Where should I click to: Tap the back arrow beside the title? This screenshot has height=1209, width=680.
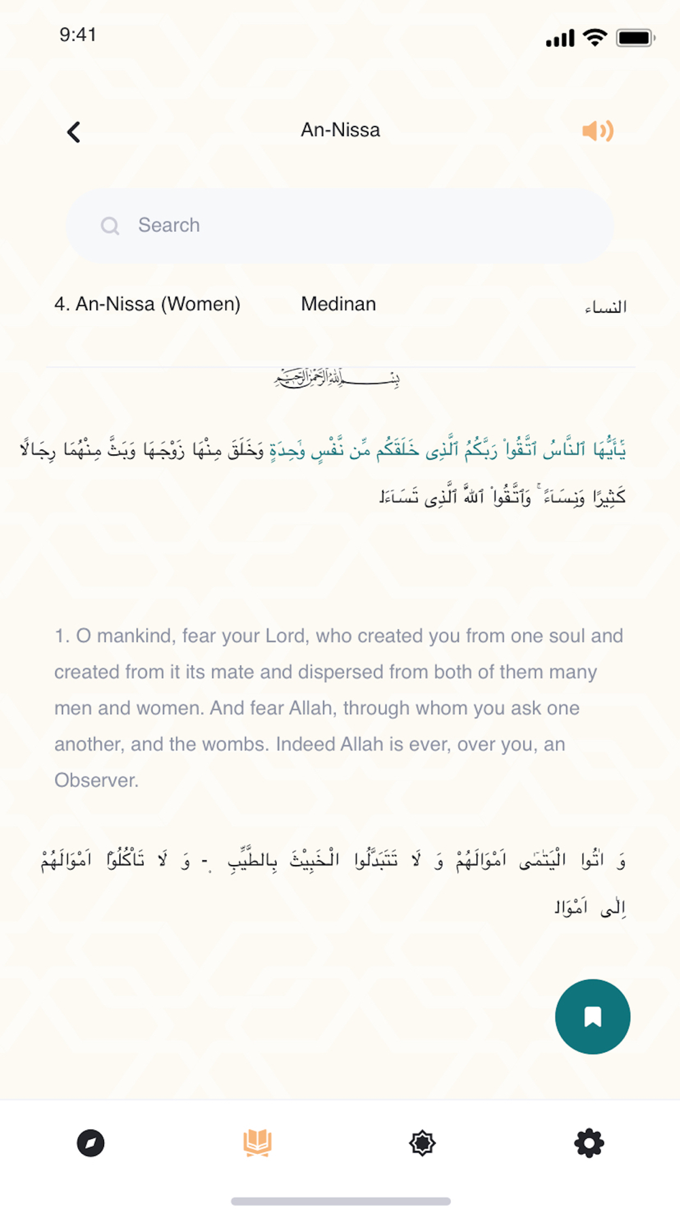74,132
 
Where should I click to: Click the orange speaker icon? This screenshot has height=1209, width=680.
598,131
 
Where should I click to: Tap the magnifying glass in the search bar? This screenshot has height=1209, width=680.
109,226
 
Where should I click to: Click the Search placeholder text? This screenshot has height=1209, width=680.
169,225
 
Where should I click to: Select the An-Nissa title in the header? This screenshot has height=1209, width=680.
340,130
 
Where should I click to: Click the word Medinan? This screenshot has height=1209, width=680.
338,304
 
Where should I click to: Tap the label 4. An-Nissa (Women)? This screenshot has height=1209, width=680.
148,304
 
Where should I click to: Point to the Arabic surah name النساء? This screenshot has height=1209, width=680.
605,307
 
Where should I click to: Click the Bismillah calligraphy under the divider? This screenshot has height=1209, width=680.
337,377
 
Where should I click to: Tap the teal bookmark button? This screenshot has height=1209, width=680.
592,1017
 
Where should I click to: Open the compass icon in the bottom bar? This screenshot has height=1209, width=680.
90,1143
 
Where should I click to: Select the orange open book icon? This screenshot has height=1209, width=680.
258,1142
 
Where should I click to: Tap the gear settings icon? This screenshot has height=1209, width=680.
589,1143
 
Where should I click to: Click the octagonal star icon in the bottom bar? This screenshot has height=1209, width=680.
422,1143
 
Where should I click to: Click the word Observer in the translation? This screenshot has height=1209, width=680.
96,780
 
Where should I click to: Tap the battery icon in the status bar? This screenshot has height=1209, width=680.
634,38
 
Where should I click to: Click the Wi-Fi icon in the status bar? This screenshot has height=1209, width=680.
595,38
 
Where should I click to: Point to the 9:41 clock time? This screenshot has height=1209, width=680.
78,35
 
